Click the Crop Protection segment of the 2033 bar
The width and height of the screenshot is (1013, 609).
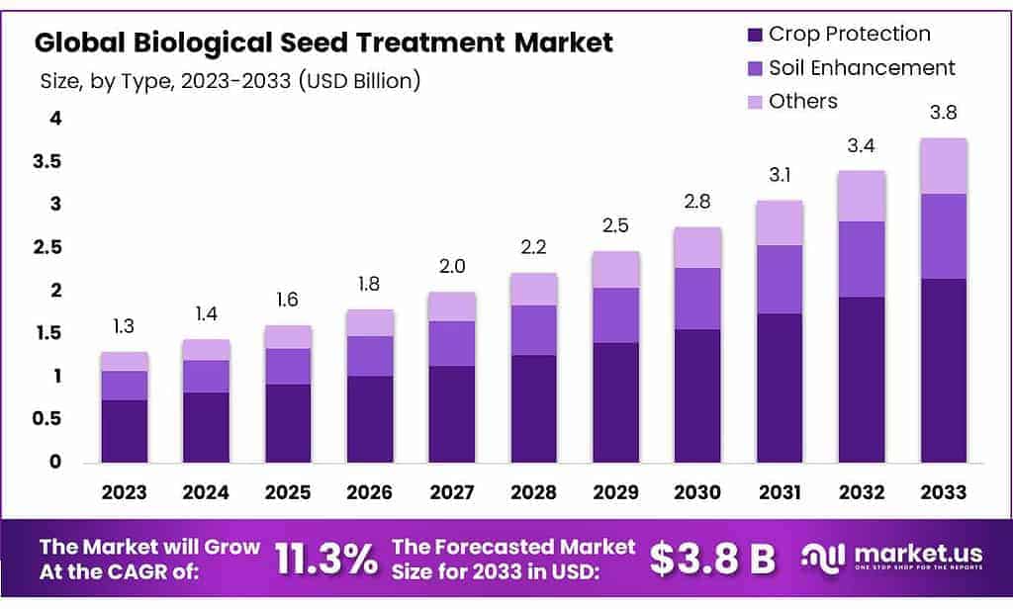(943, 370)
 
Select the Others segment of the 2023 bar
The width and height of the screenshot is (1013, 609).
(125, 361)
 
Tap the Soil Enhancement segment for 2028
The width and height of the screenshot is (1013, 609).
(533, 329)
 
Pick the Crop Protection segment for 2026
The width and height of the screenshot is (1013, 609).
(370, 418)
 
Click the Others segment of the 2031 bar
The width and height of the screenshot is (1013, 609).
(779, 222)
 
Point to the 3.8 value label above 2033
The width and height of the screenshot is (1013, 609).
(943, 113)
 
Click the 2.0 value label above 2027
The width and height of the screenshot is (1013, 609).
(451, 266)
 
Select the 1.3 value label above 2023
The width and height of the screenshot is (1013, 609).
(125, 326)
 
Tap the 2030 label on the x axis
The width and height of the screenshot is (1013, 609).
(696, 491)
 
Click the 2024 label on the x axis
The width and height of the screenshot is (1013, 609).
(206, 491)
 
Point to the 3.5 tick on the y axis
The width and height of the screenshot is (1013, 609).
(48, 162)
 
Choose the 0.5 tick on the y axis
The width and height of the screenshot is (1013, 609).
(48, 419)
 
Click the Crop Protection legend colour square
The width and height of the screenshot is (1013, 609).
(754, 35)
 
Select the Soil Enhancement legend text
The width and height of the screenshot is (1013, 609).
(862, 67)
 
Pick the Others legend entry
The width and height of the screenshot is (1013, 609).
(802, 101)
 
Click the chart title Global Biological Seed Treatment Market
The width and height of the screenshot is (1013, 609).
(323, 43)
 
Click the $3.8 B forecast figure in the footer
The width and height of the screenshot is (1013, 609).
(712, 559)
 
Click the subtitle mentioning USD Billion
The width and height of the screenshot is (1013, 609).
(230, 81)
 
